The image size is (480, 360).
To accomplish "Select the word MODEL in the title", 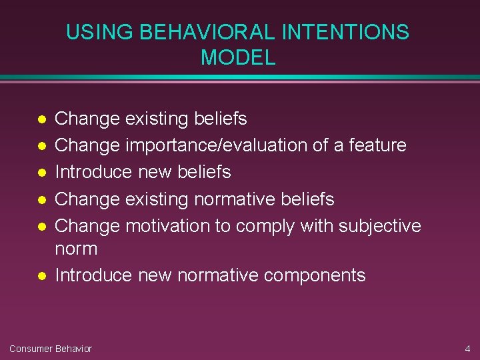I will coord(238,58).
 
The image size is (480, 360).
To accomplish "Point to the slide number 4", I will coord(467,349).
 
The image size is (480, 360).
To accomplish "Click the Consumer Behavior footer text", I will coord(51,349).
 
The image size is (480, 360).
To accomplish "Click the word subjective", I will coord(380,227).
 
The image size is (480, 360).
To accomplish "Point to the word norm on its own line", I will coord(76,249).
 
